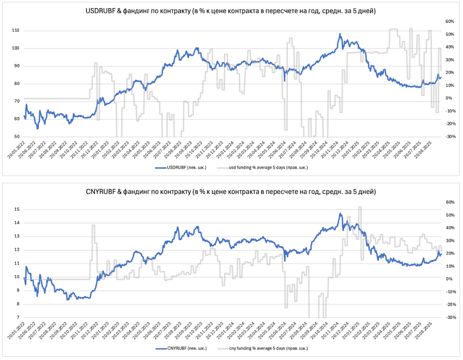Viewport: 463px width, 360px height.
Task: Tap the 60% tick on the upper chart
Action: [449, 21]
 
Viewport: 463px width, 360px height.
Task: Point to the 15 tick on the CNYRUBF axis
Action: [17, 209]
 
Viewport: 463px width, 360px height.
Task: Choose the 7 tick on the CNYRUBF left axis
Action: [18, 317]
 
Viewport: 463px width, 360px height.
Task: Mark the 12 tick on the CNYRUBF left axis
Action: [17, 250]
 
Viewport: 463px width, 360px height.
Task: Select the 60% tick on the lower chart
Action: [449, 202]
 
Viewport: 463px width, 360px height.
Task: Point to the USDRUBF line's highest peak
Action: [340, 33]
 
